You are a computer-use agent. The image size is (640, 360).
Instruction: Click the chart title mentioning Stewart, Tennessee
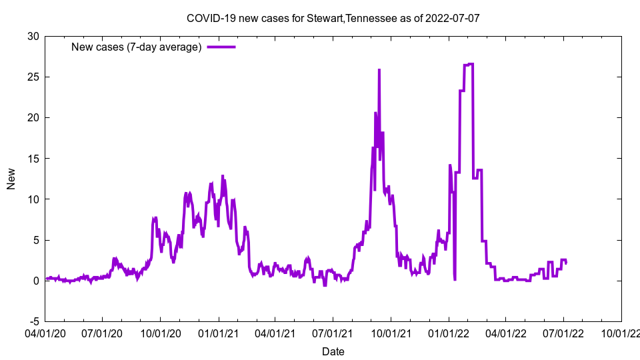(x=333, y=18)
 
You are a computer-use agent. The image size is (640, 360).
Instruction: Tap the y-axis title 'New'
(x=11, y=179)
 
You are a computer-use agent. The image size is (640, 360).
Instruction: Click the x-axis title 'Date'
(x=333, y=351)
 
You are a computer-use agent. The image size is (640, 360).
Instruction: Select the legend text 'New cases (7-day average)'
(x=137, y=47)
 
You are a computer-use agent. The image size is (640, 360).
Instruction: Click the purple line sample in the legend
(x=221, y=47)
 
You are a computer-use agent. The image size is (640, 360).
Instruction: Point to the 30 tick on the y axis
(x=33, y=36)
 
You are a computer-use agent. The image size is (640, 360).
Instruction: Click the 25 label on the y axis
(x=33, y=77)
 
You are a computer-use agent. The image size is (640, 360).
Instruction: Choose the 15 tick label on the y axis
(x=33, y=158)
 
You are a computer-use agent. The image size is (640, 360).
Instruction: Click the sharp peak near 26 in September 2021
(x=379, y=69)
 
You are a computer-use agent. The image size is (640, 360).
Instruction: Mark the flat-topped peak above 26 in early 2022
(x=469, y=64)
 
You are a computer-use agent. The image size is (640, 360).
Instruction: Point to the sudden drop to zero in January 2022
(x=455, y=279)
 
